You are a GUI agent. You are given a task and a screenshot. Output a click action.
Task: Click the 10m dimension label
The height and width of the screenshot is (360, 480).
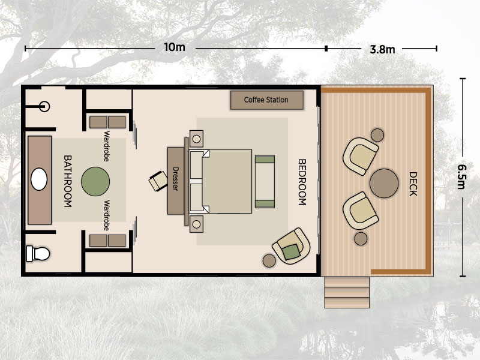coord(175,47)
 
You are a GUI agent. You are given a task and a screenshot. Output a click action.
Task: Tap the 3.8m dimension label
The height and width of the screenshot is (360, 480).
coord(382,49)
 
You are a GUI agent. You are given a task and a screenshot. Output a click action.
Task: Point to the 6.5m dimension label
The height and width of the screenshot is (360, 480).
coord(462,176)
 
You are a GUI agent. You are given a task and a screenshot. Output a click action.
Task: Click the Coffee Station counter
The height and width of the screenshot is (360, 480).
coord(266,100)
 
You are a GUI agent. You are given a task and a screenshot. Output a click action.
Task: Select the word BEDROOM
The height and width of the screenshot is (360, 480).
coord(302,182)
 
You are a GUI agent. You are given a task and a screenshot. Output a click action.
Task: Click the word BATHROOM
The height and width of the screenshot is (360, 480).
coord(68,181)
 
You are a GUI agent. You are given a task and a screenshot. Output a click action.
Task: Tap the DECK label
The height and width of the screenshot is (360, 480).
coord(413,184)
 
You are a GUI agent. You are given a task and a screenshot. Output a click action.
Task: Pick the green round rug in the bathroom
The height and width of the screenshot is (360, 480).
coord(95,182)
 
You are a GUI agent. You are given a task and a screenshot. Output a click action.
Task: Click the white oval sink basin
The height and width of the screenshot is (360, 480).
coord(39,179)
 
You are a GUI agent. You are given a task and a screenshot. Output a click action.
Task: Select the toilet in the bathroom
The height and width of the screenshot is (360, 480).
coord(38,253)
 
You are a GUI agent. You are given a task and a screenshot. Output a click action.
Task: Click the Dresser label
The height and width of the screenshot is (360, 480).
coord(175,178)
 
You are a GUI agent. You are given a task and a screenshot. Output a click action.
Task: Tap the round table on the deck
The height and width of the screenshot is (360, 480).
coord(384,184)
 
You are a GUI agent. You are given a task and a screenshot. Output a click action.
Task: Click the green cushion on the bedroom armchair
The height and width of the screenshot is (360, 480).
coord(291,252)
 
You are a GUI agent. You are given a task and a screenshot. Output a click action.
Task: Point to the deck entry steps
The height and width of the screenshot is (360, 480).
coord(347,292)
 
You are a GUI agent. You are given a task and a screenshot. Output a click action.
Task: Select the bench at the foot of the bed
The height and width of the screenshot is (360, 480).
coord(265,182)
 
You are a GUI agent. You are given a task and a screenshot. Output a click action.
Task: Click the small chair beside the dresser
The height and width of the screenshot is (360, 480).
coord(158,181)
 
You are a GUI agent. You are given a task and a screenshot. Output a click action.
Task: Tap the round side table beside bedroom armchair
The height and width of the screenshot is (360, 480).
coord(269,260)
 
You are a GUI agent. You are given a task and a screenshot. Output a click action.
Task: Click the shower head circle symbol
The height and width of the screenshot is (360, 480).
coord(44,107)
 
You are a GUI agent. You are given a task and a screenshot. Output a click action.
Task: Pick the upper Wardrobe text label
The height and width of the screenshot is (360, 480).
coord(107,146)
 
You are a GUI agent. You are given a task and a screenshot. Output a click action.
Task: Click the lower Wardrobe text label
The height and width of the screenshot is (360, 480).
coord(107,215)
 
